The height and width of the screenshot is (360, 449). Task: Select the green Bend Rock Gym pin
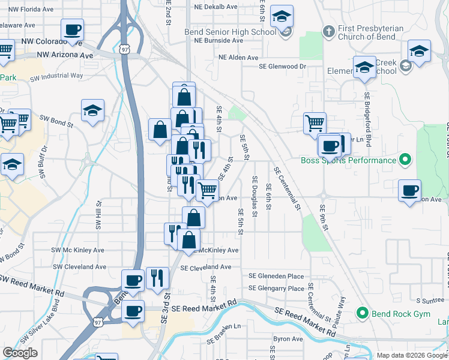(x=362, y=313)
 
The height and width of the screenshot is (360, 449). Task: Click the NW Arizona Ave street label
(x=65, y=55)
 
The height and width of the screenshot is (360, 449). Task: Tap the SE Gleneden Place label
(x=276, y=276)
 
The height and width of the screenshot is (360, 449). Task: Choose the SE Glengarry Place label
(x=277, y=289)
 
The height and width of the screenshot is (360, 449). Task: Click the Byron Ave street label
(x=288, y=339)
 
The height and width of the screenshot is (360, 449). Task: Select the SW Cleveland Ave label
(x=80, y=266)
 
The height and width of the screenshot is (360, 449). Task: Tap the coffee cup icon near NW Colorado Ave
(x=72, y=29)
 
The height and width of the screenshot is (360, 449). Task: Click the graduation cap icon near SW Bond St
(x=92, y=110)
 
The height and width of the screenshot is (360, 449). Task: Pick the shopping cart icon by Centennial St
(x=315, y=124)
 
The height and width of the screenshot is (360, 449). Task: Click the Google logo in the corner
(x=20, y=353)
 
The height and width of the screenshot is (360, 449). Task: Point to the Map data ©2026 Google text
(x=411, y=355)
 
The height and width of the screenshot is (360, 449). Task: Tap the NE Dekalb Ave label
(x=215, y=7)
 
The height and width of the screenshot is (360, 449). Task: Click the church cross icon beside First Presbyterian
(x=328, y=31)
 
